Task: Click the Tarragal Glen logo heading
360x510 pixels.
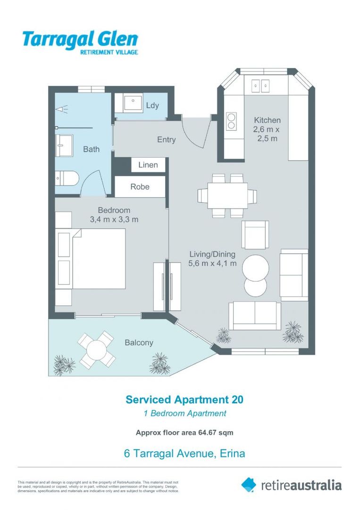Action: pyautogui.click(x=80, y=40)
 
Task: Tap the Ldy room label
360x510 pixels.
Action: pyautogui.click(x=152, y=106)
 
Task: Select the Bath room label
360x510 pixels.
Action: pyautogui.click(x=92, y=149)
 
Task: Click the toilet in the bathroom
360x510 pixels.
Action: pyautogui.click(x=66, y=178)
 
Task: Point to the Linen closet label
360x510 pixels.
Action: pyautogui.click(x=148, y=165)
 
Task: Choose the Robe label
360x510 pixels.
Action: pyautogui.click(x=140, y=187)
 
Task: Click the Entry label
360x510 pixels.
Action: pyautogui.click(x=166, y=140)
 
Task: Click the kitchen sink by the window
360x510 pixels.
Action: pyautogui.click(x=260, y=85)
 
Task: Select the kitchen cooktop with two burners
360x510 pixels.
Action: pyautogui.click(x=231, y=121)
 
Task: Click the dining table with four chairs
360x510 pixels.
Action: pyautogui.click(x=227, y=195)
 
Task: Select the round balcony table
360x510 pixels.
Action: pyautogui.click(x=97, y=350)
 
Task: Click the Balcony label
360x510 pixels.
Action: pyautogui.click(x=139, y=342)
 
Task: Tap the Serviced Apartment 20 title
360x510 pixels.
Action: pyautogui.click(x=184, y=399)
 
